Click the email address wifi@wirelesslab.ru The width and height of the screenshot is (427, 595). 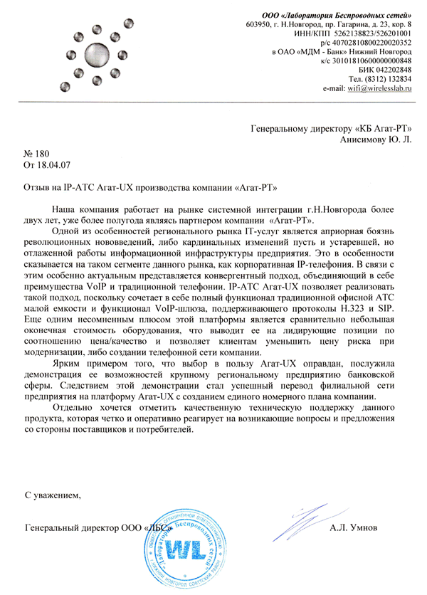(x=380, y=88)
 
